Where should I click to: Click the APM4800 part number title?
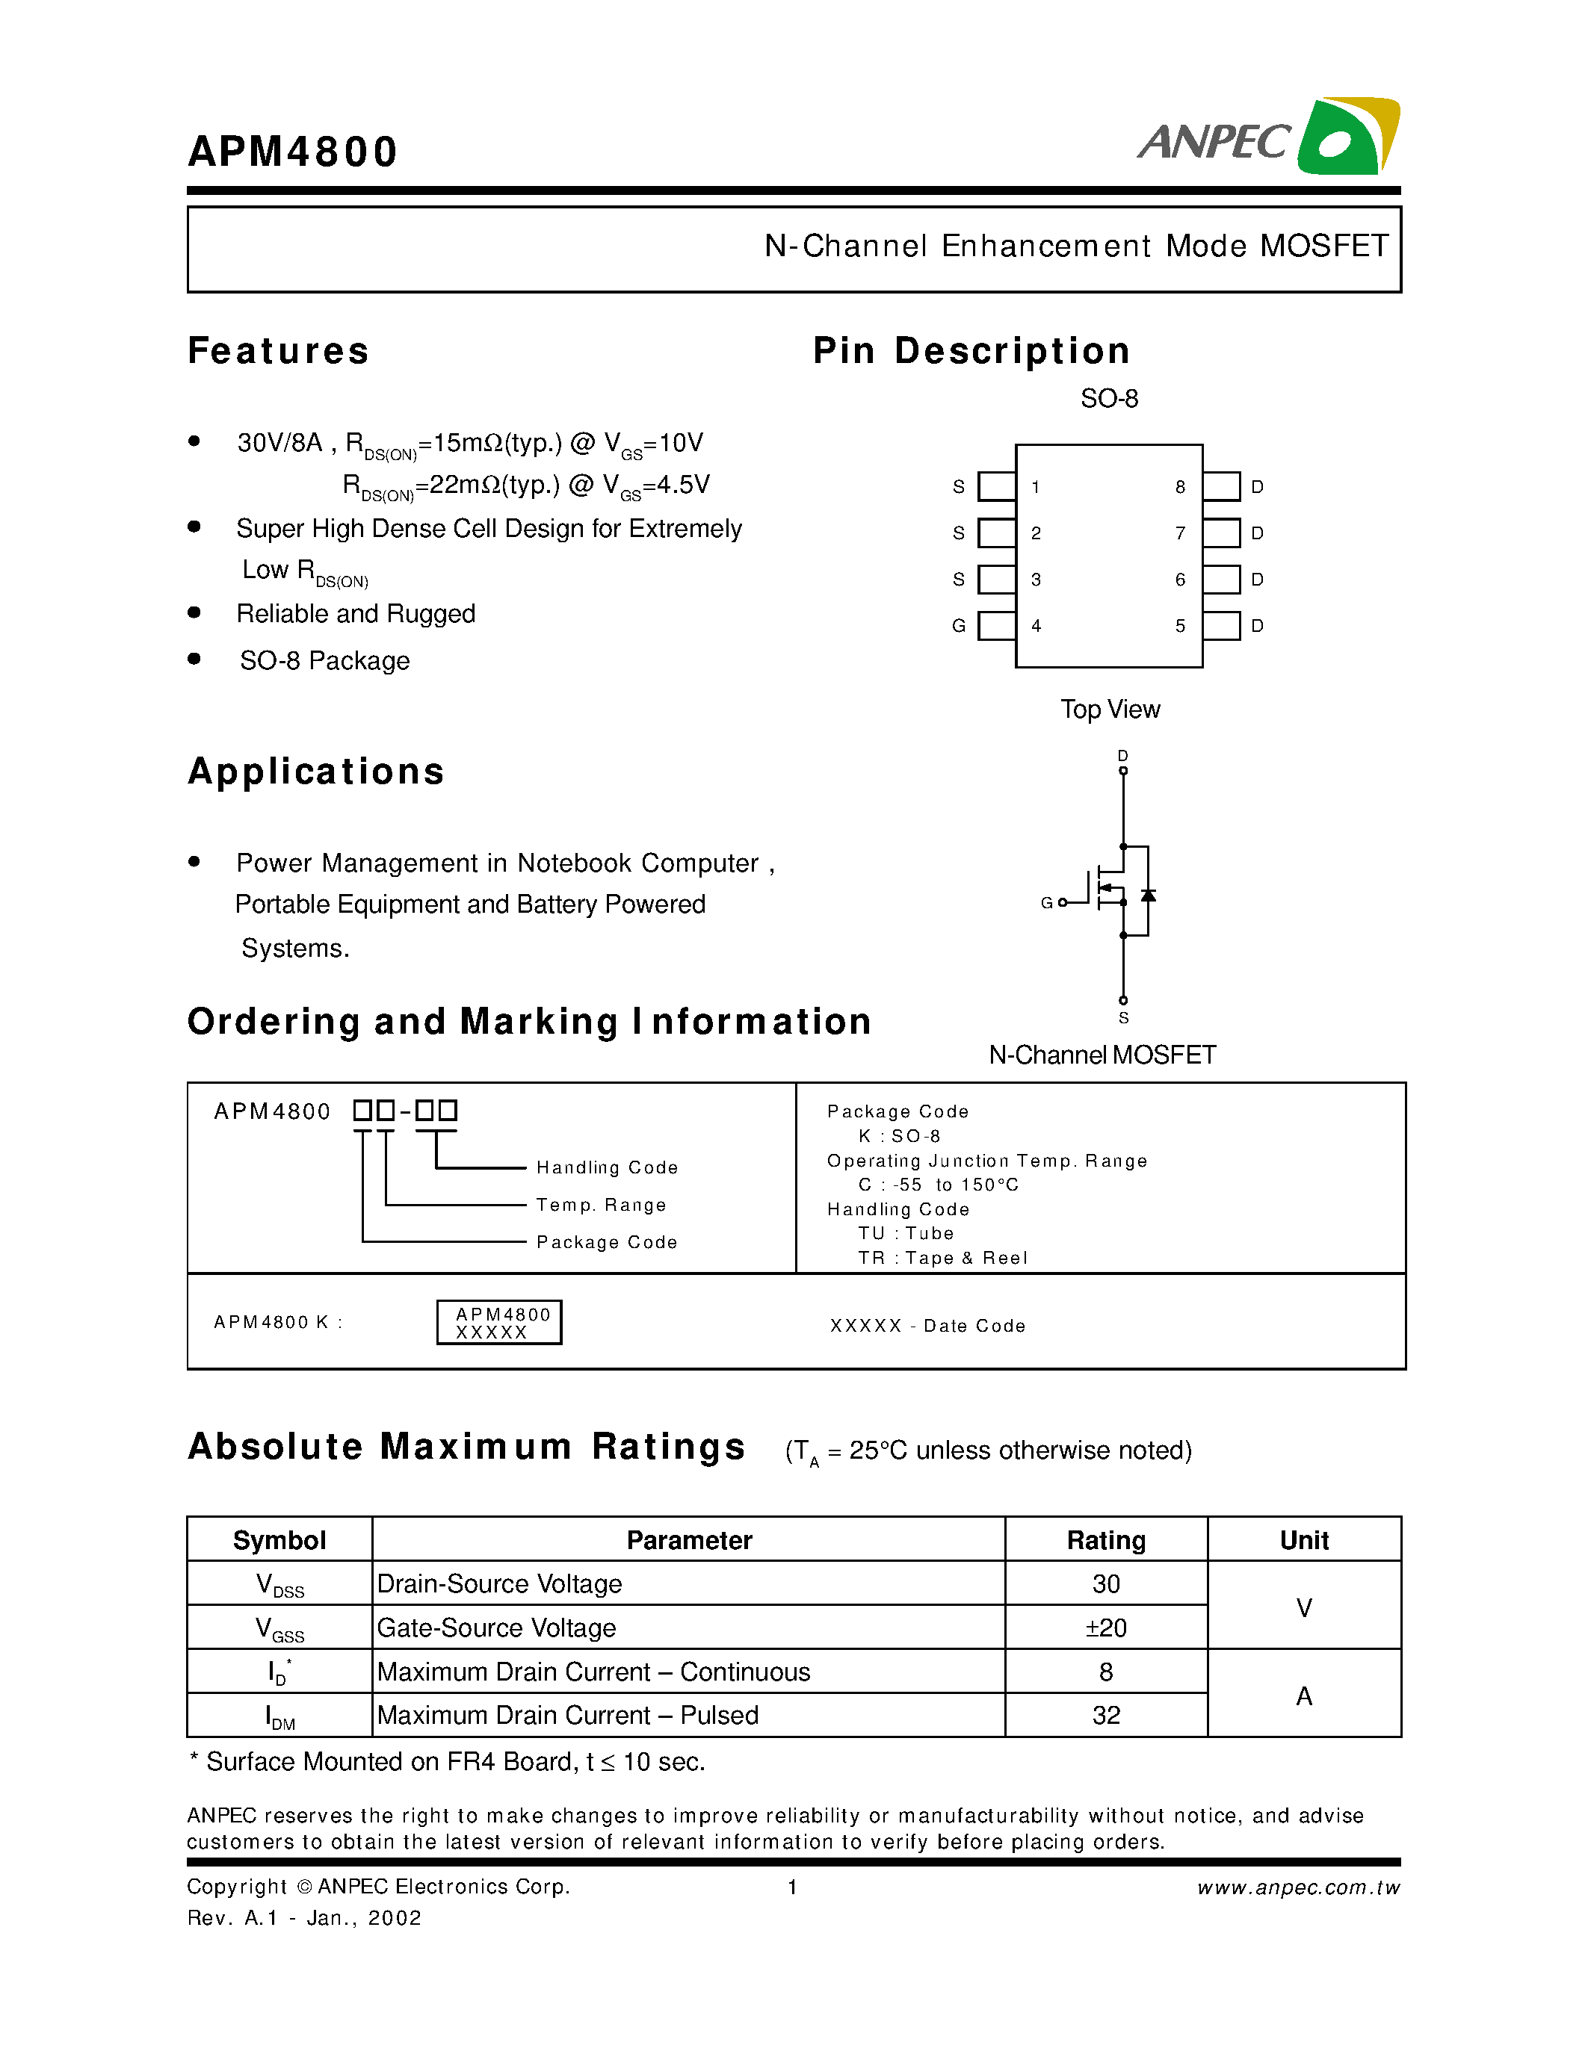293,152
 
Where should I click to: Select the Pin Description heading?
971,351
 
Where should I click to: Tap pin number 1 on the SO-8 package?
1036,487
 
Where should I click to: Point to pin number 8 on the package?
1180,487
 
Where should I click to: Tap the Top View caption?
1110,709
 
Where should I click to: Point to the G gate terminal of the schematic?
1048,903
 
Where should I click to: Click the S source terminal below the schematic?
1123,1017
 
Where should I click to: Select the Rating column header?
1105,1540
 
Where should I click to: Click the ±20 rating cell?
1105,1628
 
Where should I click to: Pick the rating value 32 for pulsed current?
1105,1716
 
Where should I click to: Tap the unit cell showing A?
1304,1695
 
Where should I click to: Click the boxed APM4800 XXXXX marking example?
499,1322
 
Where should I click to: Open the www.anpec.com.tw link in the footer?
1298,1887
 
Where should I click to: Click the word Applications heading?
316,772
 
